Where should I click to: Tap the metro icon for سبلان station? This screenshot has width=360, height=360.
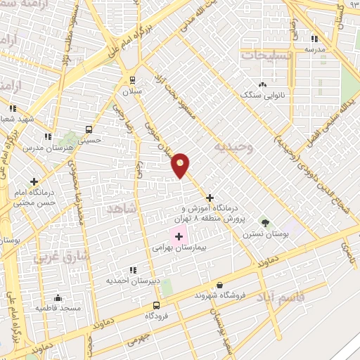click(x=131, y=79)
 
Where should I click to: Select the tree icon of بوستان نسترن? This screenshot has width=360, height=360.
click(x=265, y=222)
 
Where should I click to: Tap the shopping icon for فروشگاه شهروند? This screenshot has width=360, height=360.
click(x=220, y=285)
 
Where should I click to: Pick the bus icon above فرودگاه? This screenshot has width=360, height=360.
click(x=156, y=305)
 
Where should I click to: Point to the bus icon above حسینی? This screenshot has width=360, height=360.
click(x=89, y=129)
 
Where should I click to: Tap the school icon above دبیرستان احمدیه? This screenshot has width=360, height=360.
click(x=131, y=270)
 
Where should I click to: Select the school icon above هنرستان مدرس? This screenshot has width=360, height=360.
click(x=48, y=136)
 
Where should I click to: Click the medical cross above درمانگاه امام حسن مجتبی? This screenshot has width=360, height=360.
click(x=34, y=181)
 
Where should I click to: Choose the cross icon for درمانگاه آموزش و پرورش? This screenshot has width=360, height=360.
click(x=210, y=198)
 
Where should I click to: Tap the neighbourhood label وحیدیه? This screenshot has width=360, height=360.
click(x=233, y=149)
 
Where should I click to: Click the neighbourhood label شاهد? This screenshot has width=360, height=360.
click(x=119, y=209)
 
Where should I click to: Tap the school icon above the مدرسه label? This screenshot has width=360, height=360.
click(x=314, y=39)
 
